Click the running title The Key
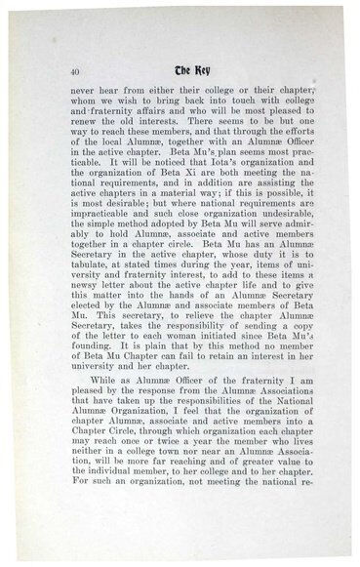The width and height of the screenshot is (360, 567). [x=182, y=70]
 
